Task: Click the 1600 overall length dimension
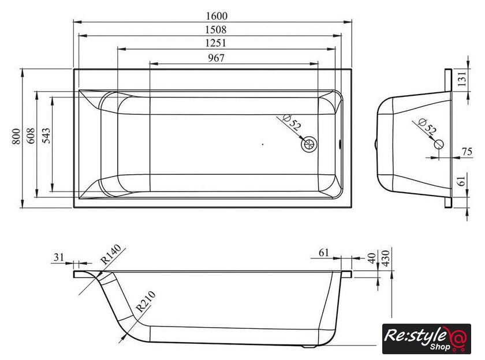(217, 16)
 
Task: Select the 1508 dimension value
(216, 29)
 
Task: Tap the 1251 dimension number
(215, 43)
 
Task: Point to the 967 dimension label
(216, 58)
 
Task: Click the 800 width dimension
(16, 136)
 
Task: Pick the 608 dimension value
(31, 136)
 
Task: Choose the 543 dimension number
(46, 136)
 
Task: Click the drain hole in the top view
(309, 144)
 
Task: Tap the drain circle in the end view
(439, 144)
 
